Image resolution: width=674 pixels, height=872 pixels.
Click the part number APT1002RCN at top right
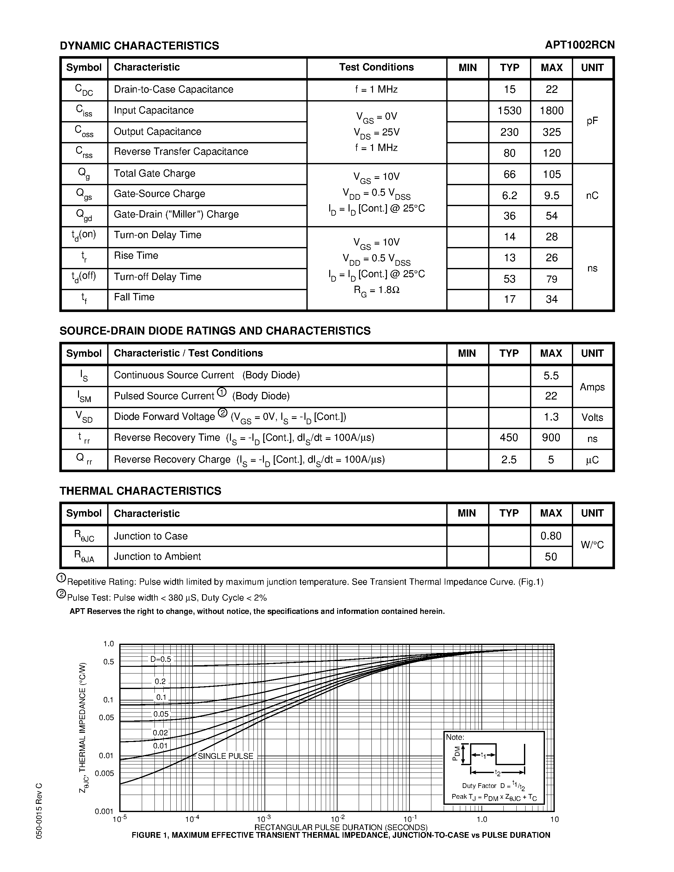[579, 45]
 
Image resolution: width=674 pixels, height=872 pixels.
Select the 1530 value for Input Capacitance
[509, 111]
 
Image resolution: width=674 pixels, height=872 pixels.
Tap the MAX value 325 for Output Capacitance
[552, 132]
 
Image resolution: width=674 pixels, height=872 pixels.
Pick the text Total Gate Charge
[154, 173]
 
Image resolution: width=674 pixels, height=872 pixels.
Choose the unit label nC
[592, 196]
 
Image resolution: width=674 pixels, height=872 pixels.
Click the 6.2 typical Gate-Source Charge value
[509, 196]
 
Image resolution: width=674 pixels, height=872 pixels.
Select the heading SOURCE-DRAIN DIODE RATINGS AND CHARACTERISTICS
[215, 331]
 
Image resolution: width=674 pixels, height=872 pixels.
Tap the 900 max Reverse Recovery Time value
[551, 438]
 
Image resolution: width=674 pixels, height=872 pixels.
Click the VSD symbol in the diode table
[84, 417]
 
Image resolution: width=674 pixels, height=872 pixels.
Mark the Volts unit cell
[592, 418]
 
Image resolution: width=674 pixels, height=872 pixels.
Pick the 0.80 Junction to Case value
[551, 536]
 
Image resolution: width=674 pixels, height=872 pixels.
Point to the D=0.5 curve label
[160, 659]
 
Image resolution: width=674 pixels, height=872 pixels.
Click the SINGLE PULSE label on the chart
[226, 756]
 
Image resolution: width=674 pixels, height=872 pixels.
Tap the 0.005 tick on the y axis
[105, 773]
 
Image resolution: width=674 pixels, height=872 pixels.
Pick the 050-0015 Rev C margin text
[39, 810]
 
